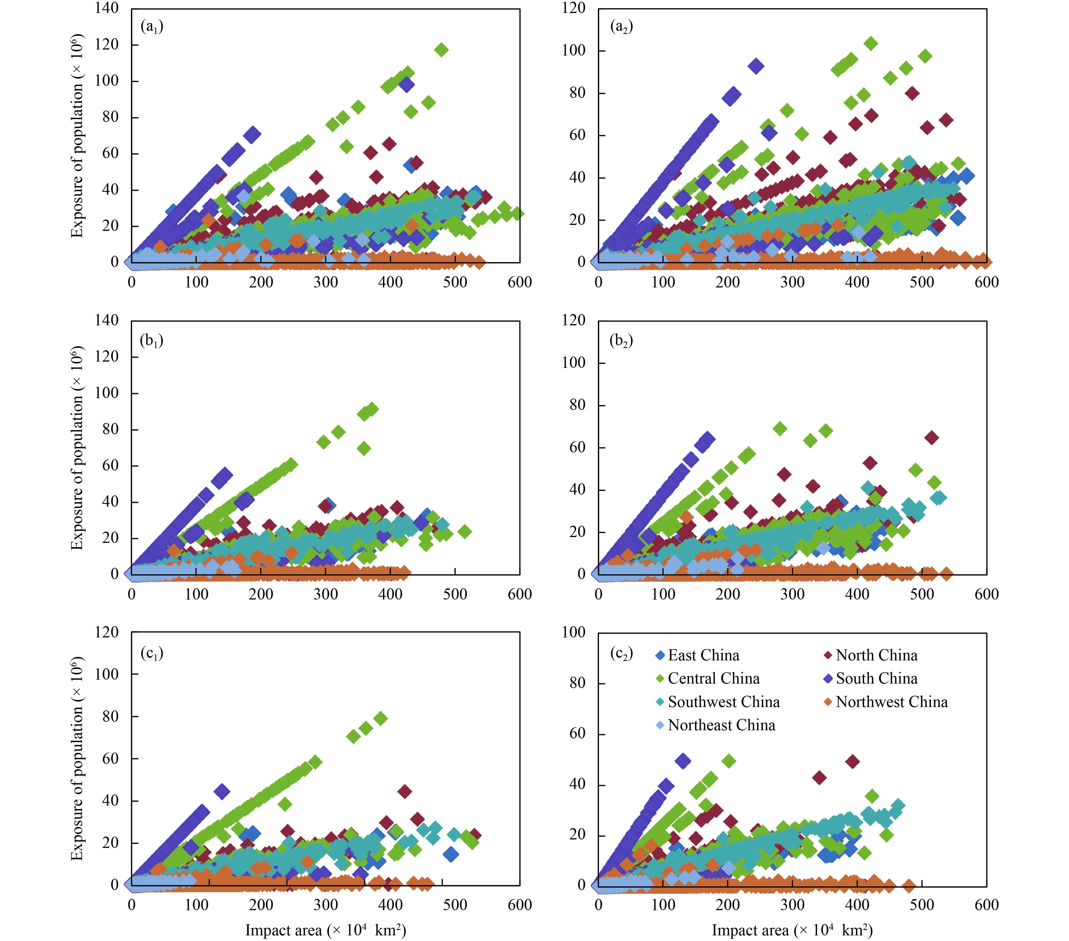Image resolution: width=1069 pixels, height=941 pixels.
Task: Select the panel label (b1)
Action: pos(152,341)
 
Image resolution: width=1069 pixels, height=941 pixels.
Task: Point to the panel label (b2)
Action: pos(621,341)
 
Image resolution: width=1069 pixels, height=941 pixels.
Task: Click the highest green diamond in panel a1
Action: pos(441,50)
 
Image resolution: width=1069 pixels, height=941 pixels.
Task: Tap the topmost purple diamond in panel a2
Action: pos(756,66)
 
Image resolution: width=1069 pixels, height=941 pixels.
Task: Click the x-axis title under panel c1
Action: pos(325,930)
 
